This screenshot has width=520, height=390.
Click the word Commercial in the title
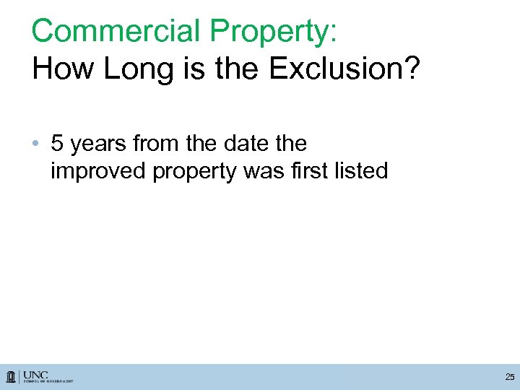116,31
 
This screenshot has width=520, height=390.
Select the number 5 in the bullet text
57,144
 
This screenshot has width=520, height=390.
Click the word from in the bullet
155,144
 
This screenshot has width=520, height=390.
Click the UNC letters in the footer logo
35,374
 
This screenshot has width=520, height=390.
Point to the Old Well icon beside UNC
12,377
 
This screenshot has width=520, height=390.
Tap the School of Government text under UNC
48,381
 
